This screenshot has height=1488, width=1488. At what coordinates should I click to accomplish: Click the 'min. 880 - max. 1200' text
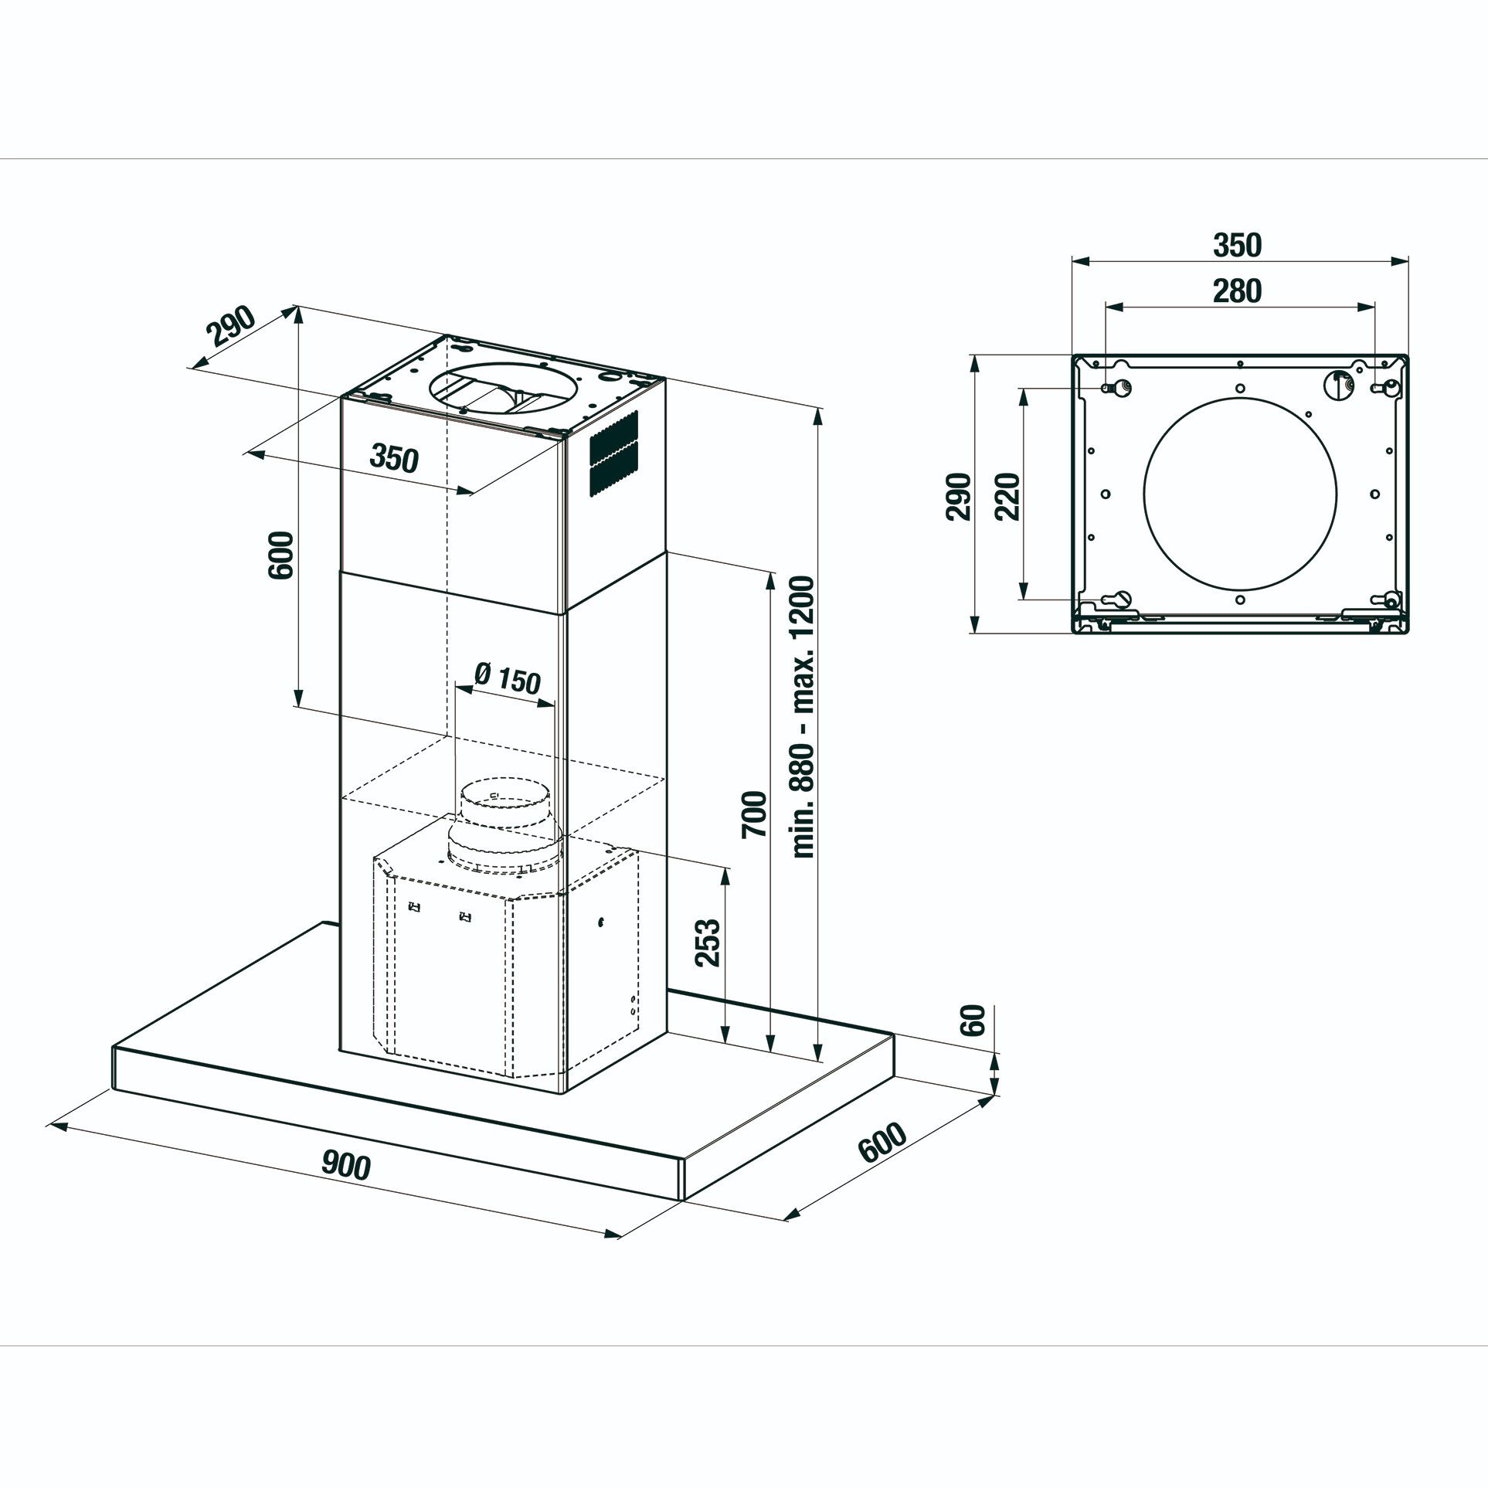coord(803,716)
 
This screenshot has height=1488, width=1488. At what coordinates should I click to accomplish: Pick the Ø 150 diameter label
coord(507,679)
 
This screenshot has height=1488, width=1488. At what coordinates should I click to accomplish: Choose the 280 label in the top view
coord(1237,290)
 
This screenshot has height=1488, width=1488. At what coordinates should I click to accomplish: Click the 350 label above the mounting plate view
coord(1237,245)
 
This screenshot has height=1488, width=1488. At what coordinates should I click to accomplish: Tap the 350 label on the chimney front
coord(394,458)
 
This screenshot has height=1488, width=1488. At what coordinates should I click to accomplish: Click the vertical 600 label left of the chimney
coord(280,555)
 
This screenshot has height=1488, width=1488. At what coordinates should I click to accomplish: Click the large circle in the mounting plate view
coord(1239,495)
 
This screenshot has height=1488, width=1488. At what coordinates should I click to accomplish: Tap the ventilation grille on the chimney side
coord(614,453)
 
